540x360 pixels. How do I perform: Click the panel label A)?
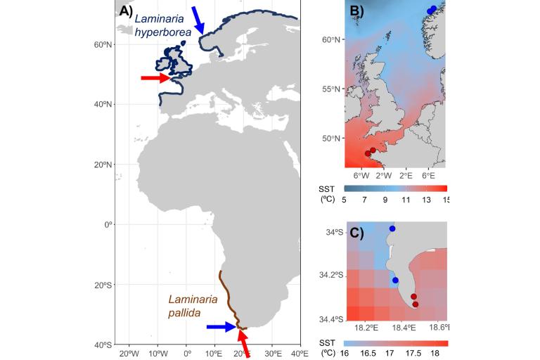(x=127, y=11)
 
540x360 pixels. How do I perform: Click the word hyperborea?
(x=163, y=33)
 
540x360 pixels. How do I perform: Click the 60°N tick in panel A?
(x=105, y=44)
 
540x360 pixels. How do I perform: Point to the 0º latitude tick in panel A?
(x=108, y=225)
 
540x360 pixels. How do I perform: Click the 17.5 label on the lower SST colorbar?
(x=415, y=354)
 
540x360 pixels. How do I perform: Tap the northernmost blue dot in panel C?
(x=392, y=229)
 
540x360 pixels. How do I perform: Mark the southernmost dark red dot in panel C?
(x=416, y=304)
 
